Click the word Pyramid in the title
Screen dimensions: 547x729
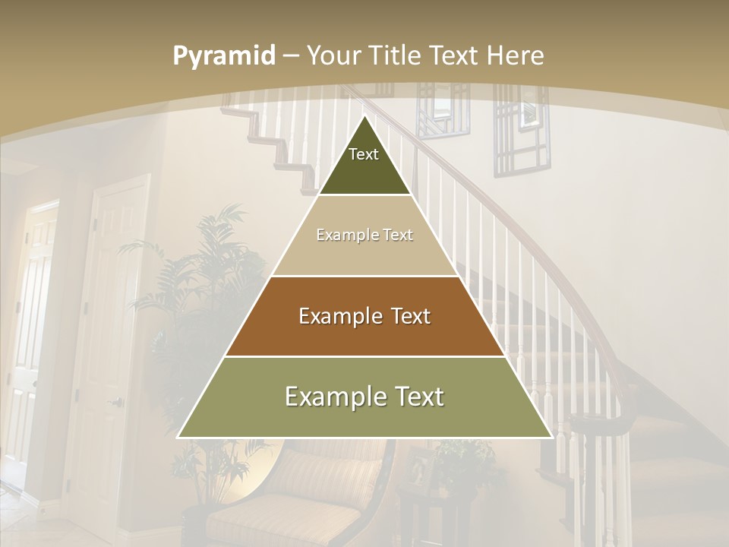pos(223,56)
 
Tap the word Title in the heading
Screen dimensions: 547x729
pos(394,56)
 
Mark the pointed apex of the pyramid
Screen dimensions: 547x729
pos(364,119)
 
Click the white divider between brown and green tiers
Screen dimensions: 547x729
pos(364,356)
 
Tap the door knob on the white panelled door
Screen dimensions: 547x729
pos(116,401)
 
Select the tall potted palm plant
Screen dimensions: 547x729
pos(201,304)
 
